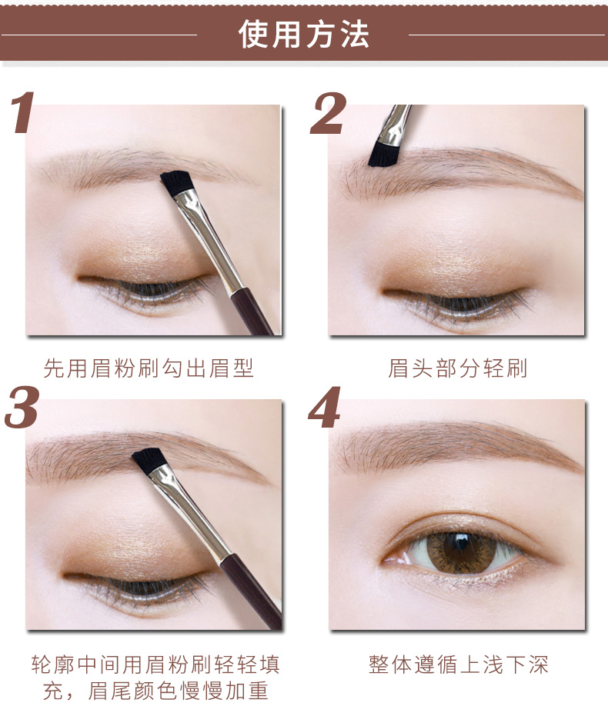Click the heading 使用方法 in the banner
click(x=304, y=34)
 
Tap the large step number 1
click(x=22, y=112)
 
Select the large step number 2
click(x=328, y=113)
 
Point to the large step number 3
click(x=22, y=407)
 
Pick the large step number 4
click(x=325, y=407)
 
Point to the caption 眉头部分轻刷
click(x=457, y=368)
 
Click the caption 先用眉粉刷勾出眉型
click(x=149, y=368)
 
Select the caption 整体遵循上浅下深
click(x=459, y=664)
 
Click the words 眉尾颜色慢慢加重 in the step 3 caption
click(x=178, y=691)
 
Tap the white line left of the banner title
click(x=99, y=34)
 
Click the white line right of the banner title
click(x=506, y=34)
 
